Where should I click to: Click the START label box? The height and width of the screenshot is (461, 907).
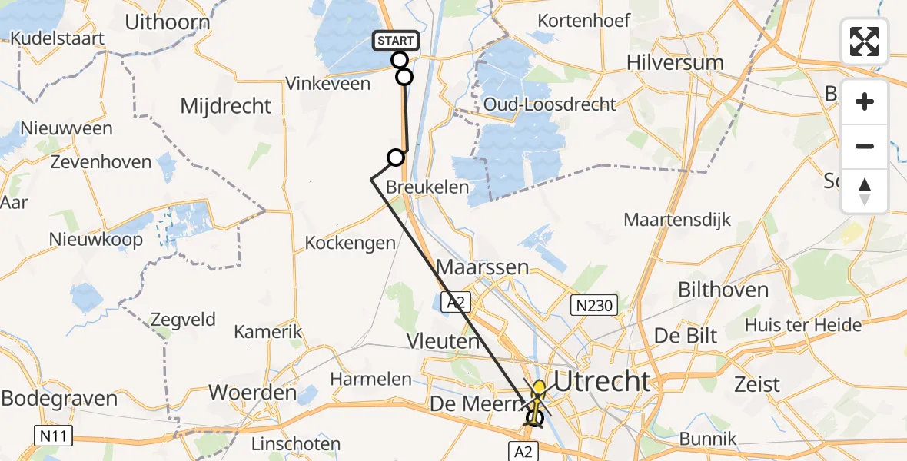[396, 40]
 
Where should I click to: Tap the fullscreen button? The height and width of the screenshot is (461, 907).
[865, 41]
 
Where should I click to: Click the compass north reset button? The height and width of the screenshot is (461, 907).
[865, 191]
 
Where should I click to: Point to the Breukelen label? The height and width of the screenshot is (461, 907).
[427, 187]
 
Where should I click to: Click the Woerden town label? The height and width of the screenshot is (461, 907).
[253, 393]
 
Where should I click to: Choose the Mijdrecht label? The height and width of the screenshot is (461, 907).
[225, 106]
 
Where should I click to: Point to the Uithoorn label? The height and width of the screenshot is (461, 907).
[167, 22]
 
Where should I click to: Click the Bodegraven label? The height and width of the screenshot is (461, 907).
[59, 399]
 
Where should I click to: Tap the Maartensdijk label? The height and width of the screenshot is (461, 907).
[676, 221]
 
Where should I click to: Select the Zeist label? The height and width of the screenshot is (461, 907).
[757, 384]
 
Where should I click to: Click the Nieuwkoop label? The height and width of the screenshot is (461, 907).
[95, 240]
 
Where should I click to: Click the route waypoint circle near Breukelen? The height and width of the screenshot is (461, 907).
[395, 158]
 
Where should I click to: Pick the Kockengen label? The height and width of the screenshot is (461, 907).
[350, 243]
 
